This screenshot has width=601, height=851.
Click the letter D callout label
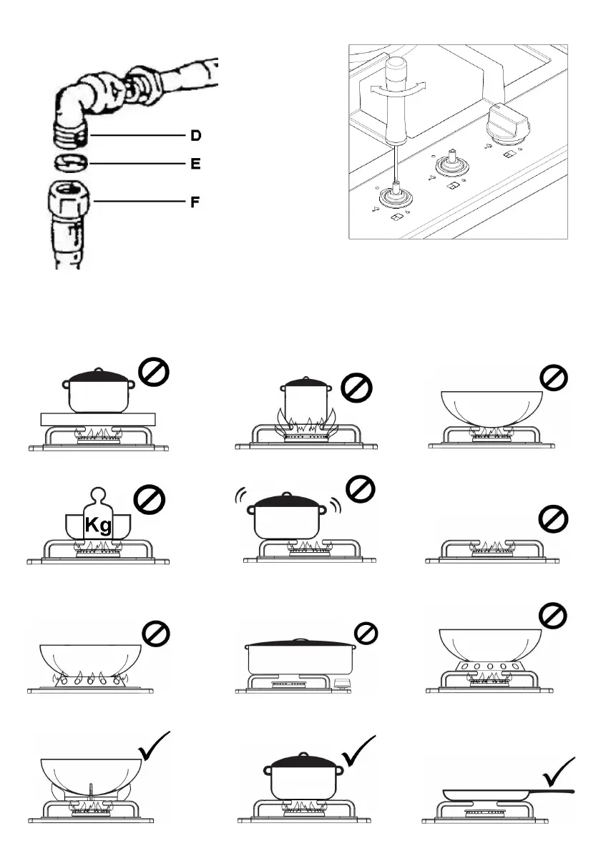click(195, 135)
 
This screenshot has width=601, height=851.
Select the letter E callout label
click(195, 164)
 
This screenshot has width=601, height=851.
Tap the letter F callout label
click(195, 202)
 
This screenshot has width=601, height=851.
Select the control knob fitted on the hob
click(504, 124)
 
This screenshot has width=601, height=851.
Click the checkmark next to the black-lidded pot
click(360, 751)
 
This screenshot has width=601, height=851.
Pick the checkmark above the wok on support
click(154, 747)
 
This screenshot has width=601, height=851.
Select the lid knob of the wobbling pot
click(287, 494)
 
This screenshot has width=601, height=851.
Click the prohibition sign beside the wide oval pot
click(366, 633)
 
